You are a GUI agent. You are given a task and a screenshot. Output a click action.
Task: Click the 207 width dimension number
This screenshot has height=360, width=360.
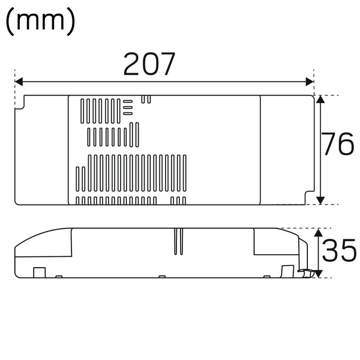click(149, 64)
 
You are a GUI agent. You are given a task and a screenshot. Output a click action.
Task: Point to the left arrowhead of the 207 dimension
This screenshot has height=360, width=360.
click(19, 82)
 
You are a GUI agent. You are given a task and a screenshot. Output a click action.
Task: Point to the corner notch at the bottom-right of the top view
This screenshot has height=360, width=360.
click(310, 197)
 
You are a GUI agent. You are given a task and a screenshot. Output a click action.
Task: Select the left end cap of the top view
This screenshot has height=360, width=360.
click(42, 150)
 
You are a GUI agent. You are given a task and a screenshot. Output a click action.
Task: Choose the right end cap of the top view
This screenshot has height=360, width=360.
click(287, 150)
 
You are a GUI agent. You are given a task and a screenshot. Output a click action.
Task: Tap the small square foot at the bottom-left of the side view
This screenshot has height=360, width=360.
click(39, 272)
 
